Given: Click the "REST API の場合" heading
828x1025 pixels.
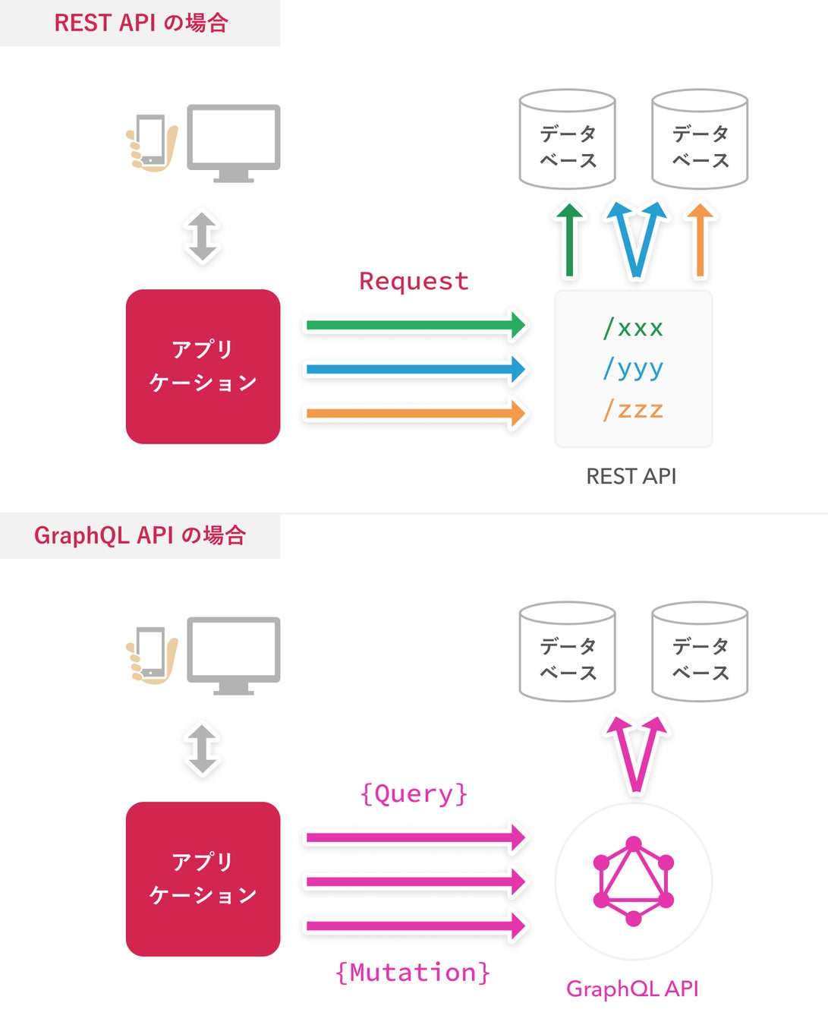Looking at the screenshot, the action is point(141,23).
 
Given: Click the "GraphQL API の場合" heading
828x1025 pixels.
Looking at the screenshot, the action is point(140,535).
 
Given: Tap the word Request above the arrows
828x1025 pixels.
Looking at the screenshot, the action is point(414,281).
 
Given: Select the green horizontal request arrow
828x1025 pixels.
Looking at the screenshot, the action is point(416,325).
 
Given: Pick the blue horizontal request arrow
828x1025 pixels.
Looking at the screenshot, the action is point(416,369).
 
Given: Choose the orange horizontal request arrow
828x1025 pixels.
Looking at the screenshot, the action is point(416,413).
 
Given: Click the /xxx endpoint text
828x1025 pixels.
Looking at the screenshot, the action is point(633,328).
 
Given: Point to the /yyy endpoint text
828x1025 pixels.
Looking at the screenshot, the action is point(633,369).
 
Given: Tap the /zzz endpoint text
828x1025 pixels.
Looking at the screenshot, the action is point(633,409).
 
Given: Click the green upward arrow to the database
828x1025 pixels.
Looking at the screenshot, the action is point(569,240).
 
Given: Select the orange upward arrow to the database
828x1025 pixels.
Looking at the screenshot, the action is point(700,240).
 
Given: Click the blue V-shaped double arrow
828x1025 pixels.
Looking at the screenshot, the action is point(636,239).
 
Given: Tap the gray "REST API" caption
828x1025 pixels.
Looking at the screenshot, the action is point(631,476).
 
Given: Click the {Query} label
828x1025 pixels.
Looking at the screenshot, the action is point(414,793).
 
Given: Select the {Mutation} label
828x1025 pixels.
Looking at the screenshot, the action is point(413,972).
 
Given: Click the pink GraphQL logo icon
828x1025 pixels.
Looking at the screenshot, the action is point(633,881).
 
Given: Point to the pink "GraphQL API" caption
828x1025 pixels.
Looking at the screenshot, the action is point(632,989).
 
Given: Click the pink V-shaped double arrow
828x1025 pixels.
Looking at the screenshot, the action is point(636,752).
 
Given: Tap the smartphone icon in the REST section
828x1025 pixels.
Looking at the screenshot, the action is point(151,143).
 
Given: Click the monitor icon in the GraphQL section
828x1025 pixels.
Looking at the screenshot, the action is point(233,655).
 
